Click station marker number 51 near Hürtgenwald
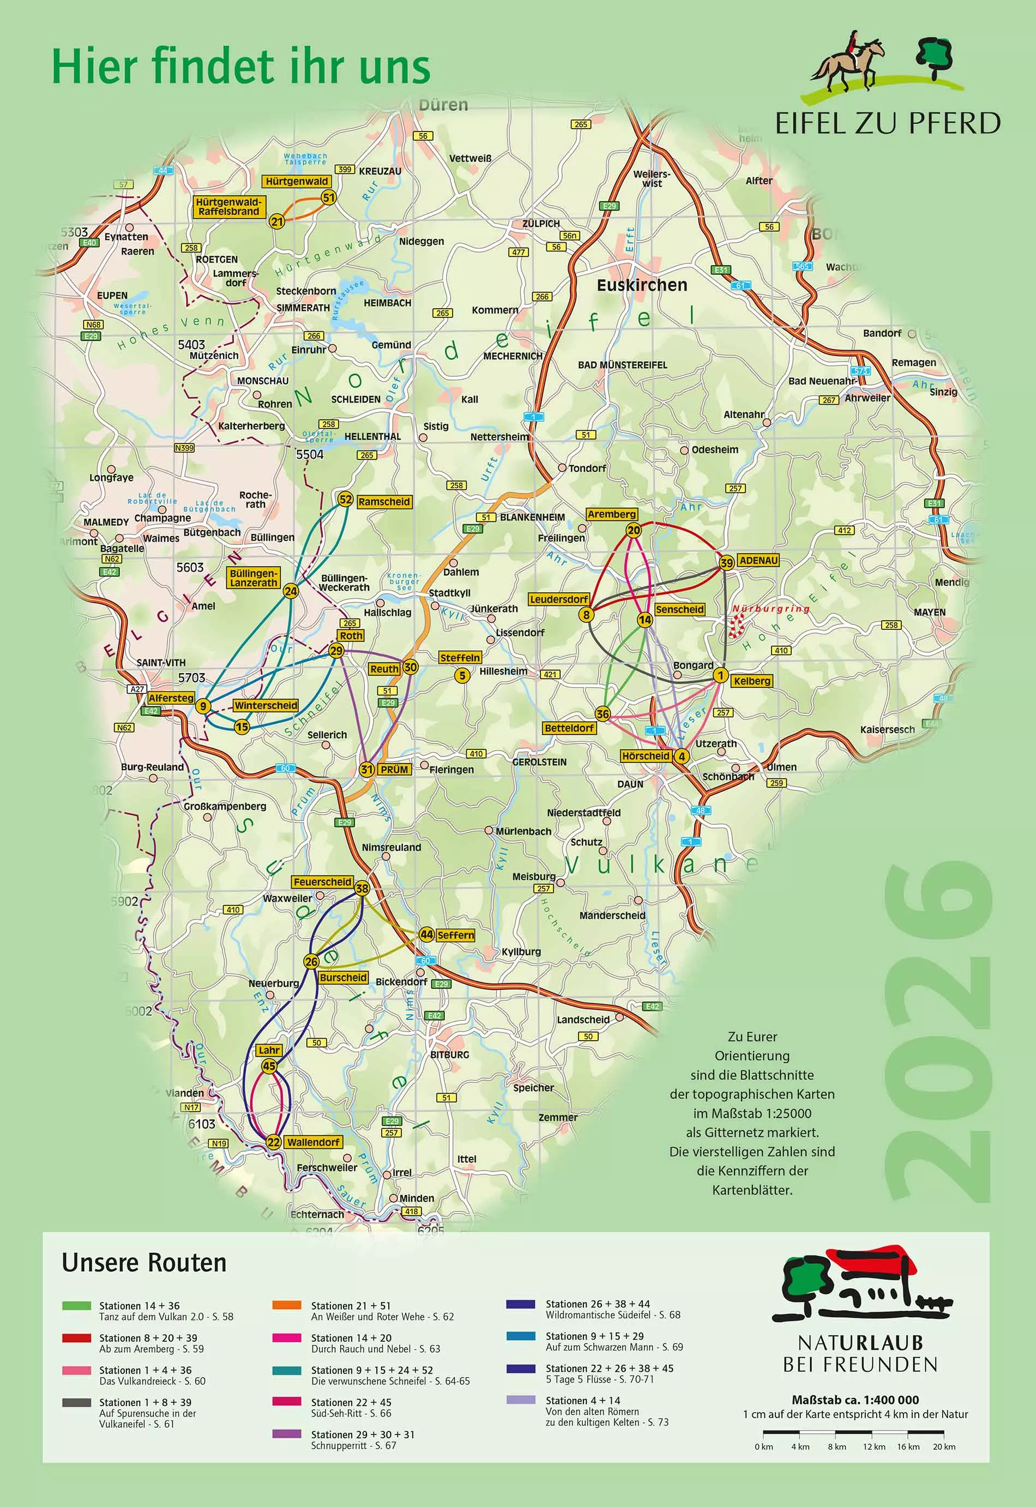pyautogui.click(x=328, y=197)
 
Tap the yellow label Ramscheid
pyautogui.click(x=384, y=501)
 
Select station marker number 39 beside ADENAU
pyautogui.click(x=726, y=562)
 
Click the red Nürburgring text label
pyautogui.click(x=771, y=608)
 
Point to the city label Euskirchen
pyautogui.click(x=641, y=285)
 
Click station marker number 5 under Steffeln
pyautogui.click(x=462, y=675)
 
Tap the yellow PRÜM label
pyautogui.click(x=395, y=770)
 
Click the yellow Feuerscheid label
pyautogui.click(x=322, y=882)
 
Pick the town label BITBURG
pyautogui.click(x=449, y=1054)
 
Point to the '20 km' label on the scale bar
pyautogui.click(x=944, y=1446)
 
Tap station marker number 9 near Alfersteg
pyautogui.click(x=203, y=706)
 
